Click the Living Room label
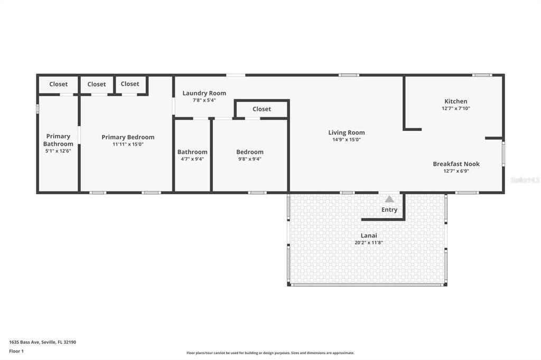click(x=347, y=132)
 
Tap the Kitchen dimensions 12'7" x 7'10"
click(x=455, y=108)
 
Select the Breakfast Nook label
click(x=456, y=164)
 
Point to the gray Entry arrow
click(x=389, y=199)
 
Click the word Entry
click(x=389, y=210)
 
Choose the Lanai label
click(x=369, y=235)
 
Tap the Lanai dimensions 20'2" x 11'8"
click(x=369, y=243)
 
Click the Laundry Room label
click(x=204, y=93)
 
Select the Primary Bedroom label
click(x=128, y=137)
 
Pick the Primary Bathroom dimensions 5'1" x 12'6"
click(x=58, y=151)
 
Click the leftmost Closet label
click(x=58, y=84)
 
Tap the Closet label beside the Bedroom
click(x=262, y=109)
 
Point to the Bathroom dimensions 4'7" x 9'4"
click(x=192, y=159)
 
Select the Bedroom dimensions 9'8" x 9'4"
click(x=250, y=159)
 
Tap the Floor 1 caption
click(x=16, y=350)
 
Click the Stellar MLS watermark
click(x=525, y=180)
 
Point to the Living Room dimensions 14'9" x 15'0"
click(x=347, y=140)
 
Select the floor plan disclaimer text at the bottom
click(x=270, y=353)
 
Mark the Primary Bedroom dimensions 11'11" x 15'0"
click(x=128, y=144)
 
